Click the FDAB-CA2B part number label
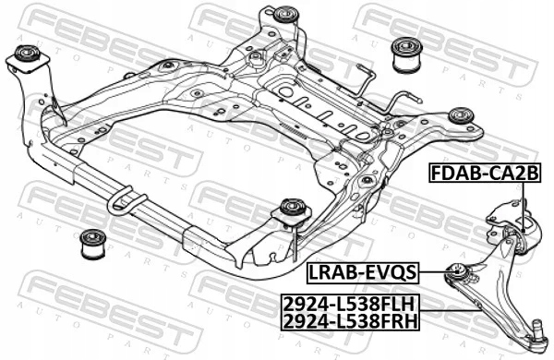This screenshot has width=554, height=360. (x=494, y=173)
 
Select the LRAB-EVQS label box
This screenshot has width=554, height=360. (x=361, y=271)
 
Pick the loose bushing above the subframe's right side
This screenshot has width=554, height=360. (x=403, y=54)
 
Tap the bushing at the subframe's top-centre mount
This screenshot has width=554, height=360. (x=287, y=16)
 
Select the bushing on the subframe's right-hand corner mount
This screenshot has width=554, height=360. (x=460, y=116)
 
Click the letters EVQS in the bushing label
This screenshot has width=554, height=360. (x=391, y=271)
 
